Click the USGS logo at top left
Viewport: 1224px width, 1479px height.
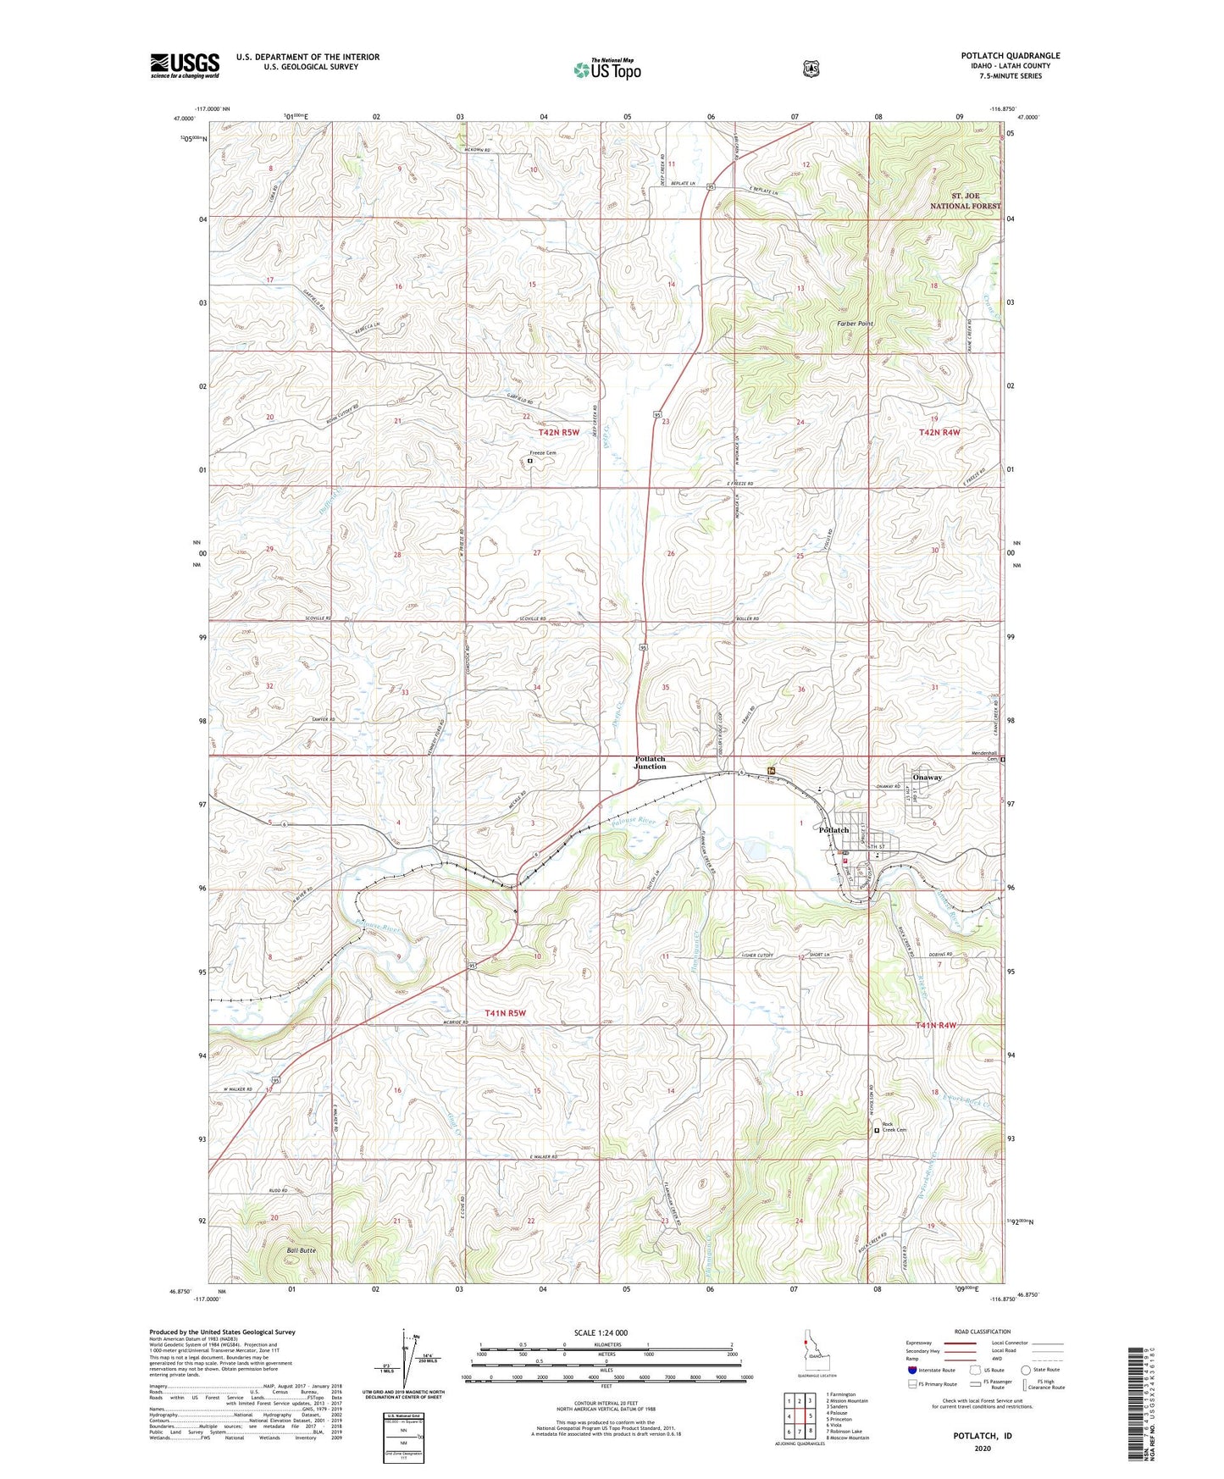point(185,64)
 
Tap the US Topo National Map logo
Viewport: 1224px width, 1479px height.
point(606,69)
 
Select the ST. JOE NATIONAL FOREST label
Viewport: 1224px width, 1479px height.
point(965,201)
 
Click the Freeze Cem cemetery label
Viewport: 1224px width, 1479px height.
point(542,453)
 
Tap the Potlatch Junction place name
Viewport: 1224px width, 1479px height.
point(651,762)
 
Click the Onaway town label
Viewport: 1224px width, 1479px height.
point(927,777)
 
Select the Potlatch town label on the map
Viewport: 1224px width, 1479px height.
point(834,830)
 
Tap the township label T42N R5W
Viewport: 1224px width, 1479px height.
point(559,432)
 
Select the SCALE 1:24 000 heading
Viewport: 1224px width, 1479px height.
point(601,1332)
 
